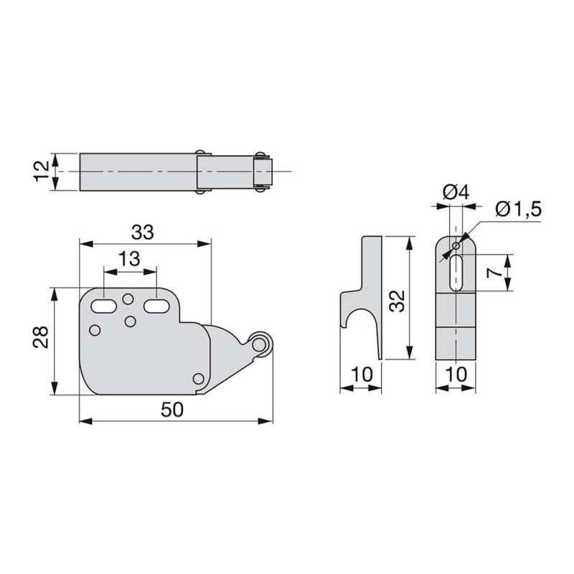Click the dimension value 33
[x=143, y=232]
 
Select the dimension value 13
[x=129, y=260]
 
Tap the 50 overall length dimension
[x=173, y=409]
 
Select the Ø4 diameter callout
[x=456, y=192]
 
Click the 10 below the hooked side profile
[x=360, y=375]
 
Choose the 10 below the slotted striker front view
[x=456, y=375]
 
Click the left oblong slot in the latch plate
[x=103, y=306]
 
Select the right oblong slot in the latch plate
[x=156, y=306]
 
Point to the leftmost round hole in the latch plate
[x=95, y=330]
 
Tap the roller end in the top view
[x=263, y=171]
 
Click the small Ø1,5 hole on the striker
[x=455, y=246]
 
